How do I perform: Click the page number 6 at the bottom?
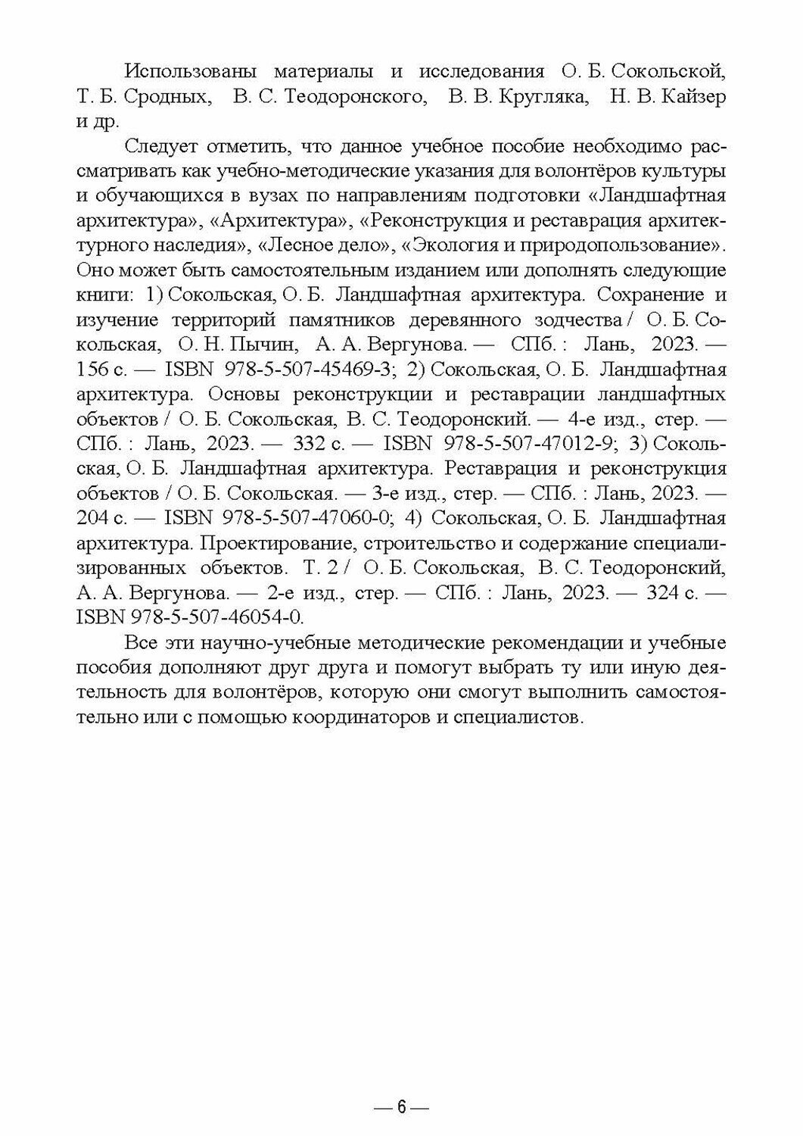click(402, 1106)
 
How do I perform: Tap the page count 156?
click(95, 370)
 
